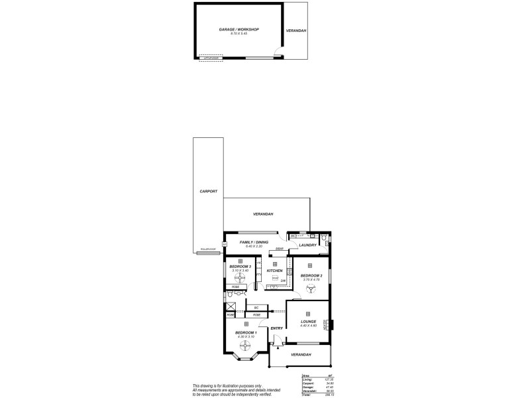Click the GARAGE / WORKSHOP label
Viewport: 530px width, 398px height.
click(238, 29)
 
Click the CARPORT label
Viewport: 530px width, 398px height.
click(209, 191)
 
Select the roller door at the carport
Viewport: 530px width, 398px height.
click(207, 250)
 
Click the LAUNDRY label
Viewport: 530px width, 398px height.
click(308, 245)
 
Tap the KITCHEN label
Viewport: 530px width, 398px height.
click(275, 271)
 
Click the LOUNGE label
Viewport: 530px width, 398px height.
click(307, 321)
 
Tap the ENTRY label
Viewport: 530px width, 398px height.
click(277, 328)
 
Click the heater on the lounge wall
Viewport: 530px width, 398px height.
click(327, 324)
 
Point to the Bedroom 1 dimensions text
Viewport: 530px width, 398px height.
click(246, 337)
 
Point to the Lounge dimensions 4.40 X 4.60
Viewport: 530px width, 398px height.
click(307, 326)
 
